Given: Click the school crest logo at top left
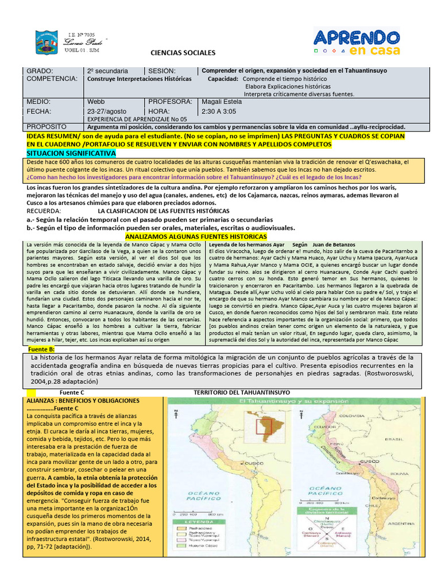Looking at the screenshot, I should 47,42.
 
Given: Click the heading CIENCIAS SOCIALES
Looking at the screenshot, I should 183,53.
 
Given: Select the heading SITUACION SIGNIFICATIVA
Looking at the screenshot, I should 71,154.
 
